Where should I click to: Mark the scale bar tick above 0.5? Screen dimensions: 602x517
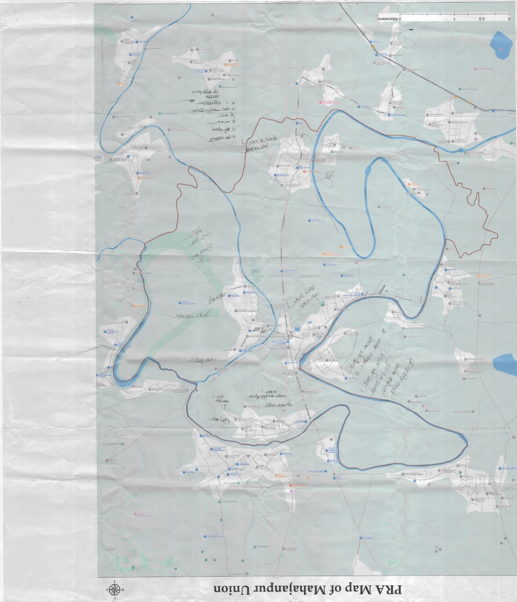click(482, 14)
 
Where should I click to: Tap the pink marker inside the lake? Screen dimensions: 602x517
click(501, 48)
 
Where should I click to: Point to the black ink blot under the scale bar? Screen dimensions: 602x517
click(410, 30)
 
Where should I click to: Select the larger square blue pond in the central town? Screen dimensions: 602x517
click(297, 329)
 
